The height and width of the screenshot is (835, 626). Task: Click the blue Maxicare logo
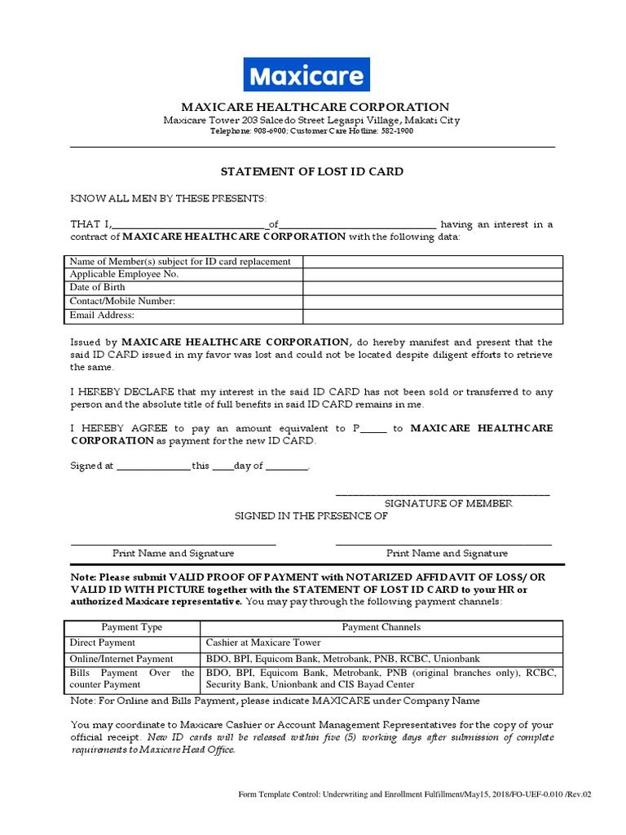307,74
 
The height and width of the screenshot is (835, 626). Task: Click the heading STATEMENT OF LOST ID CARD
313,172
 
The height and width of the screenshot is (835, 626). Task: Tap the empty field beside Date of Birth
432,288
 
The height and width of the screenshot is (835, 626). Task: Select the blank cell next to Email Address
432,316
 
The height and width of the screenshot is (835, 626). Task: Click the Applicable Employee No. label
124,275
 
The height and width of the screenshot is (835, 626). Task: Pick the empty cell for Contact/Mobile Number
432,302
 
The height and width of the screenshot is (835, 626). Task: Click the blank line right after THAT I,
189,226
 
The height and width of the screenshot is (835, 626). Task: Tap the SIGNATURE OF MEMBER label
448,504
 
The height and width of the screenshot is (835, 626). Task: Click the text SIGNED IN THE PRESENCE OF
311,516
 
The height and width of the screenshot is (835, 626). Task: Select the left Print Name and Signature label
173,553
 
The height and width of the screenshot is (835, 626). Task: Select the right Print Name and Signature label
447,553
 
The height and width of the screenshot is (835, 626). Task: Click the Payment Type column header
131,628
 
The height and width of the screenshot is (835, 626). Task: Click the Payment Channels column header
381,628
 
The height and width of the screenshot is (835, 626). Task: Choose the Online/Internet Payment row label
121,659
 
